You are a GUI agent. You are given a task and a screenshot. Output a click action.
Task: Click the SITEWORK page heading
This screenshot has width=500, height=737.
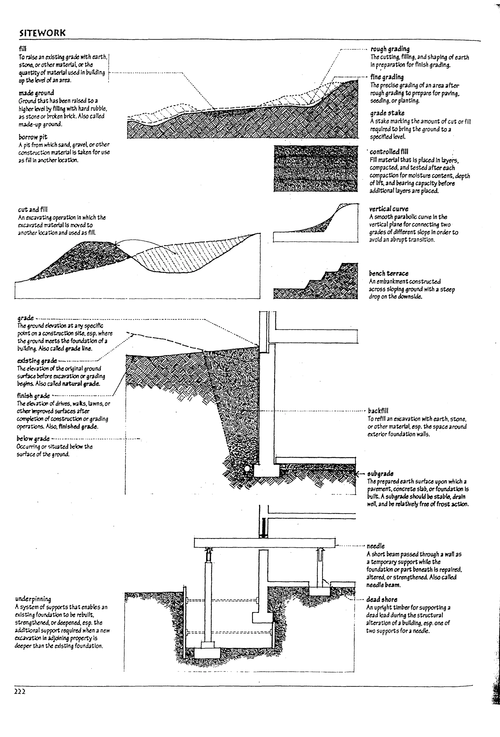click(42, 33)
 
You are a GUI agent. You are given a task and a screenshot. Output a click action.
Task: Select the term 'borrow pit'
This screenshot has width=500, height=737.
click(33, 137)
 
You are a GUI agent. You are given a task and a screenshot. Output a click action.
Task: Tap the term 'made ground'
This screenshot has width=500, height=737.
click(36, 93)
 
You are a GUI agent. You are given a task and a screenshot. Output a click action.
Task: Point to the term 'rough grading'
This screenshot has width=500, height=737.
click(390, 49)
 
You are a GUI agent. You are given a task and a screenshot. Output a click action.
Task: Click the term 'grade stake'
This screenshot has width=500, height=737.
click(387, 113)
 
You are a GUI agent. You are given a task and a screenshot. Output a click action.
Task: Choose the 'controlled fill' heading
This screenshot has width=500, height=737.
click(389, 152)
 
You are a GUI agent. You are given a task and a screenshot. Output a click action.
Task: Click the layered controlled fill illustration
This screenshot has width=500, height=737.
click(315, 169)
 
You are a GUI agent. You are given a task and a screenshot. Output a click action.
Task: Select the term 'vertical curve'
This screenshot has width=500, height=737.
click(388, 209)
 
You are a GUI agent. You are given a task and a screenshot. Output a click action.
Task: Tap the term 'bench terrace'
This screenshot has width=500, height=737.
click(388, 273)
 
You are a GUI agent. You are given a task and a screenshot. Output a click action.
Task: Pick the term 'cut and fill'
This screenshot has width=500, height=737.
click(33, 210)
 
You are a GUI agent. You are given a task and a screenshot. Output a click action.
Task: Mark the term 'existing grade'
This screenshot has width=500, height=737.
click(37, 361)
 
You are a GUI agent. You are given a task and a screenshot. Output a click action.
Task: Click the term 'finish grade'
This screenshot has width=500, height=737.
click(33, 396)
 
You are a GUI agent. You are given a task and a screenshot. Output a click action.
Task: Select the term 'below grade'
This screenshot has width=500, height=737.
click(33, 439)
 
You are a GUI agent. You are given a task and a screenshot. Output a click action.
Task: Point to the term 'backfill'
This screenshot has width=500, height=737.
click(378, 411)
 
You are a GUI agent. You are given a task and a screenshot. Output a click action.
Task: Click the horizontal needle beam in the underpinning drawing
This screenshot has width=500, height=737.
click(264, 543)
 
